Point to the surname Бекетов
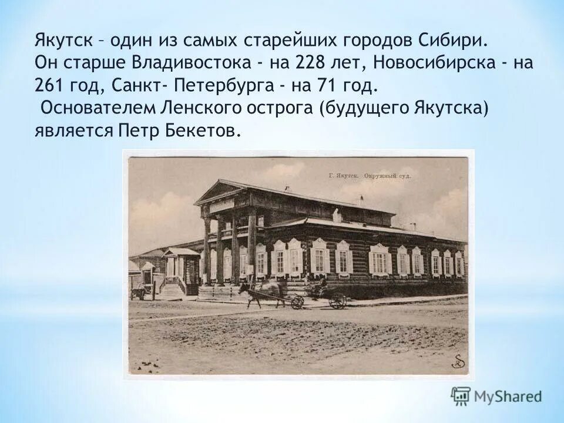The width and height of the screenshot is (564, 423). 206,132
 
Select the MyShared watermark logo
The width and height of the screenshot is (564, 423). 496,396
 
